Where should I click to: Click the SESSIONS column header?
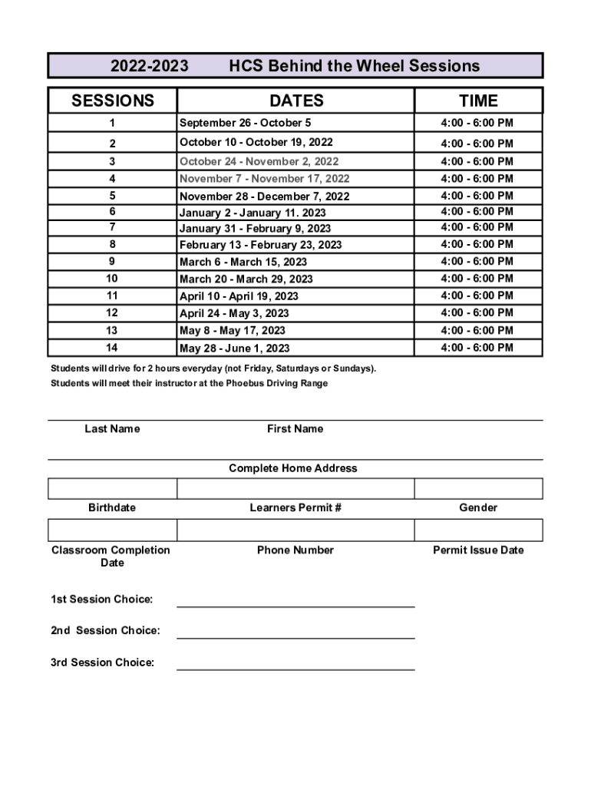(112, 101)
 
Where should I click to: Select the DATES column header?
(295, 101)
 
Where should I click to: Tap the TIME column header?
(478, 101)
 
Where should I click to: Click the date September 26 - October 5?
(245, 123)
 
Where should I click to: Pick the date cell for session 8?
(260, 245)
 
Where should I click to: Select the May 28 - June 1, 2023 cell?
(234, 348)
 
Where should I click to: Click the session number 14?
(112, 348)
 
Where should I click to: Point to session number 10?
(112, 279)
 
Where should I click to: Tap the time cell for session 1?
(477, 123)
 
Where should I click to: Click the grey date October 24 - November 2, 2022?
(259, 161)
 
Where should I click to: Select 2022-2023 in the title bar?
(149, 66)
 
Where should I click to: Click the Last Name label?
(112, 429)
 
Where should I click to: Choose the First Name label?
(295, 429)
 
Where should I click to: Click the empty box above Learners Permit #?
(295, 489)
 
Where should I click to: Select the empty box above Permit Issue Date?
(478, 530)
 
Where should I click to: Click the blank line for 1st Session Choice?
(295, 600)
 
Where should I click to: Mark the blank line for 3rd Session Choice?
(295, 663)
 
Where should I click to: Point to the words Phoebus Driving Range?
(276, 383)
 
